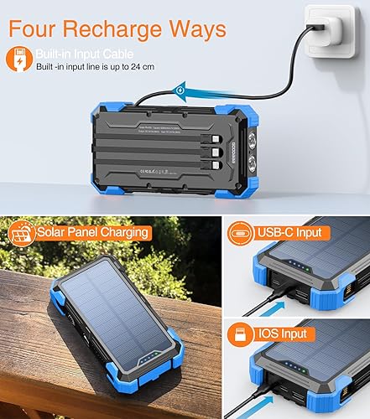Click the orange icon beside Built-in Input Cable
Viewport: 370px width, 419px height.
pos(18,59)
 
